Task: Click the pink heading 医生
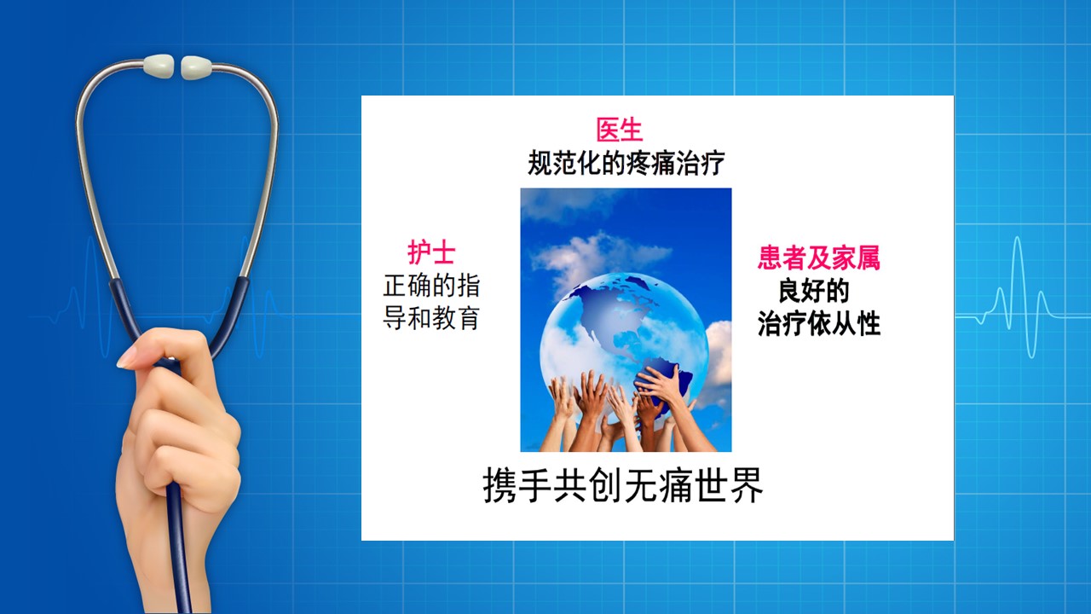tap(620, 130)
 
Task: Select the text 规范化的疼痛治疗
tap(626, 163)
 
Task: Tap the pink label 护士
tap(431, 252)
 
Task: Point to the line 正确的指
tap(431, 286)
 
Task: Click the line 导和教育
tap(431, 318)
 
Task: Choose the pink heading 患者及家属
tap(819, 258)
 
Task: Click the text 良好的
tap(814, 291)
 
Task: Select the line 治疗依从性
tap(819, 323)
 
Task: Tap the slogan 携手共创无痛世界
tap(623, 485)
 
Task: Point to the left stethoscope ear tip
tap(158, 67)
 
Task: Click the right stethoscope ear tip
tap(196, 67)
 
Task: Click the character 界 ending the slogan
tap(746, 485)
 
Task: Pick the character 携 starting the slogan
tap(499, 485)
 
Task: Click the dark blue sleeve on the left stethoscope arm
tap(123, 316)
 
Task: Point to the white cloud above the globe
tap(600, 258)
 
